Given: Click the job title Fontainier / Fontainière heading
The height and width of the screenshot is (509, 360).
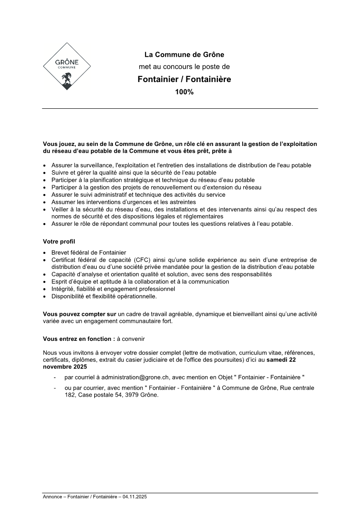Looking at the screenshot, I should click(184, 79).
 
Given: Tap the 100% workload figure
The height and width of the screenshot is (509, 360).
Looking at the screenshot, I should click(184, 92).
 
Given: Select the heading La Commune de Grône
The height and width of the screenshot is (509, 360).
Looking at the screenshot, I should click(184, 55).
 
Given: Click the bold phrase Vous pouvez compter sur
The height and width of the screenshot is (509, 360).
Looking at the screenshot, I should click(79, 314).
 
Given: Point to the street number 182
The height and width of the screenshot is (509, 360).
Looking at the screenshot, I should click(70, 395).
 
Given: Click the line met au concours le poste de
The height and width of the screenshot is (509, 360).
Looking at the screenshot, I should click(184, 67).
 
